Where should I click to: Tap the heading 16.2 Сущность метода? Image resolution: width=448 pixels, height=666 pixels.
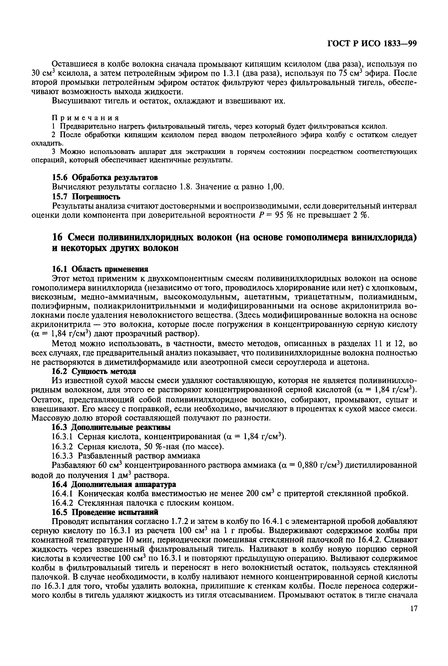point(94,371)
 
